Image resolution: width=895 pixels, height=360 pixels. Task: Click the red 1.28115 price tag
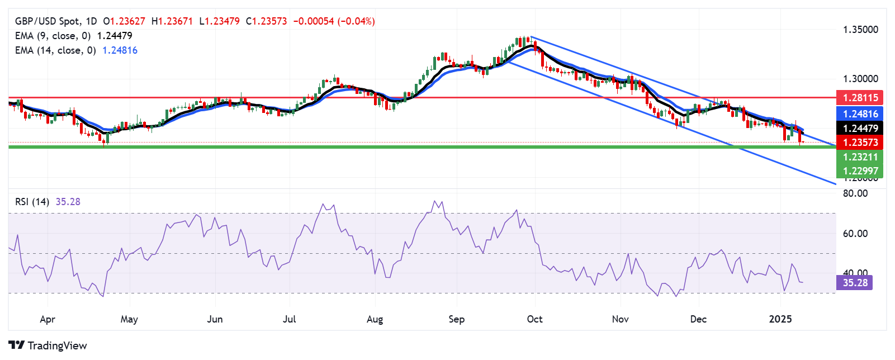(860, 98)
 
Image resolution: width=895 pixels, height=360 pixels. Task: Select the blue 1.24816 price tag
(860, 114)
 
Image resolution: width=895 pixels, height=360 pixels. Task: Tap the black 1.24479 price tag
(860, 129)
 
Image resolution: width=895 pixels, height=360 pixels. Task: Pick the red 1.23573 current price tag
(860, 143)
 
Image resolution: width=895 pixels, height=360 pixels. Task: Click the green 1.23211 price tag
(860, 157)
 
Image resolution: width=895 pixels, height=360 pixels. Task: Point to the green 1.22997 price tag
(860, 171)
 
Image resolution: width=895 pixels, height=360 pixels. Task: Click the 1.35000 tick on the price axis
(860, 30)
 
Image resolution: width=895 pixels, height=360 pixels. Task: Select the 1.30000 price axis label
(860, 79)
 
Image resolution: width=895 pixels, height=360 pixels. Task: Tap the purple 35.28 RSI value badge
(855, 283)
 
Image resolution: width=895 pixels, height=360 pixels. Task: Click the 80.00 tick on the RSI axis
(855, 193)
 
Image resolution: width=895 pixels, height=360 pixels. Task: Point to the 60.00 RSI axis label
(855, 234)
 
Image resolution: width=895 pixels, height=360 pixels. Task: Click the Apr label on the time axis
(48, 319)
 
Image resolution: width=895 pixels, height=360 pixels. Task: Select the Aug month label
(375, 319)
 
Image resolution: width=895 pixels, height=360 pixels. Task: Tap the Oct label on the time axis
(534, 319)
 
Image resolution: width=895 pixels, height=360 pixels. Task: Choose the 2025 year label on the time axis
(780, 319)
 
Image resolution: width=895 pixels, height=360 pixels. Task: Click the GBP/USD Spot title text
(48, 21)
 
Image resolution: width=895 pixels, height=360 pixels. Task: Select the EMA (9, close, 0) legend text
(53, 36)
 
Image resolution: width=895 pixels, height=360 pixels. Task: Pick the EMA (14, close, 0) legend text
(55, 50)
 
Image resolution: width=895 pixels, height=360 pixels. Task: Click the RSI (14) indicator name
(32, 202)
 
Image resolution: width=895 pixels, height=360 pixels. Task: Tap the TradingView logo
(48, 345)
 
